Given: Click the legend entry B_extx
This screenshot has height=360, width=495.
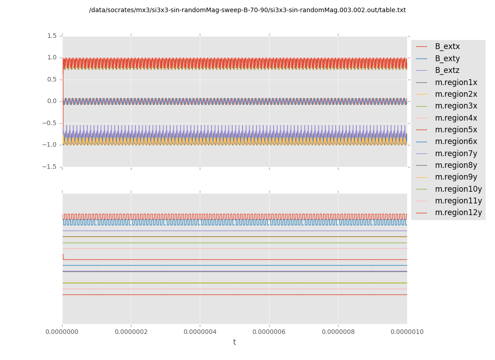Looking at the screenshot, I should [447, 47].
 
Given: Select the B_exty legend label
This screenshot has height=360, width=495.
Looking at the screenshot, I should [447, 58].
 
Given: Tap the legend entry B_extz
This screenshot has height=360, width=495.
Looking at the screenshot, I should [447, 70].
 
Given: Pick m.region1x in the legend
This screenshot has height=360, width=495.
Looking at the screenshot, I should [456, 82].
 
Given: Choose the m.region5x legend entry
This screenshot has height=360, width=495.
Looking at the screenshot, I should [456, 130].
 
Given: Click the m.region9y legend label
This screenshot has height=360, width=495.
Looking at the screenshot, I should [456, 177].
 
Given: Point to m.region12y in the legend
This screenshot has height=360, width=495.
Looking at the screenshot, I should [458, 212].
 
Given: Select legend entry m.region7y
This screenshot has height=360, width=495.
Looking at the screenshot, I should [456, 153].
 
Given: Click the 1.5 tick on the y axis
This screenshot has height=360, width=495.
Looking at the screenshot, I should [52, 36].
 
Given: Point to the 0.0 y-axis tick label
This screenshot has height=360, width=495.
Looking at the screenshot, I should [52, 101].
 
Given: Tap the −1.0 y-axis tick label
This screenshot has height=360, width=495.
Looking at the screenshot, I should [50, 145].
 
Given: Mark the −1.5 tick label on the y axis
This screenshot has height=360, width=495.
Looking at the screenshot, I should [50, 166].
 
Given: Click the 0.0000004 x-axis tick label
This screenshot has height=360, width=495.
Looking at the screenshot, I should [200, 332].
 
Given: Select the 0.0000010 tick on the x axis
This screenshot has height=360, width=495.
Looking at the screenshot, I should [407, 332].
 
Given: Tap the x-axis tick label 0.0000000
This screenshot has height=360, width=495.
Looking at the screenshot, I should [62, 332].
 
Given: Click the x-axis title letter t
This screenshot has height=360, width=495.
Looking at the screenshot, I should [234, 342].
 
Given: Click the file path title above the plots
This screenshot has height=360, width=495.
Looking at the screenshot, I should [247, 10].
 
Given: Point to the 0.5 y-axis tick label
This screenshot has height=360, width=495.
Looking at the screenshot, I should [52, 79].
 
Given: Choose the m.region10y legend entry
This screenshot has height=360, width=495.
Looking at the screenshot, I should [458, 189].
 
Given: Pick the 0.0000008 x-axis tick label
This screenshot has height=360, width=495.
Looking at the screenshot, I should [338, 332].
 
